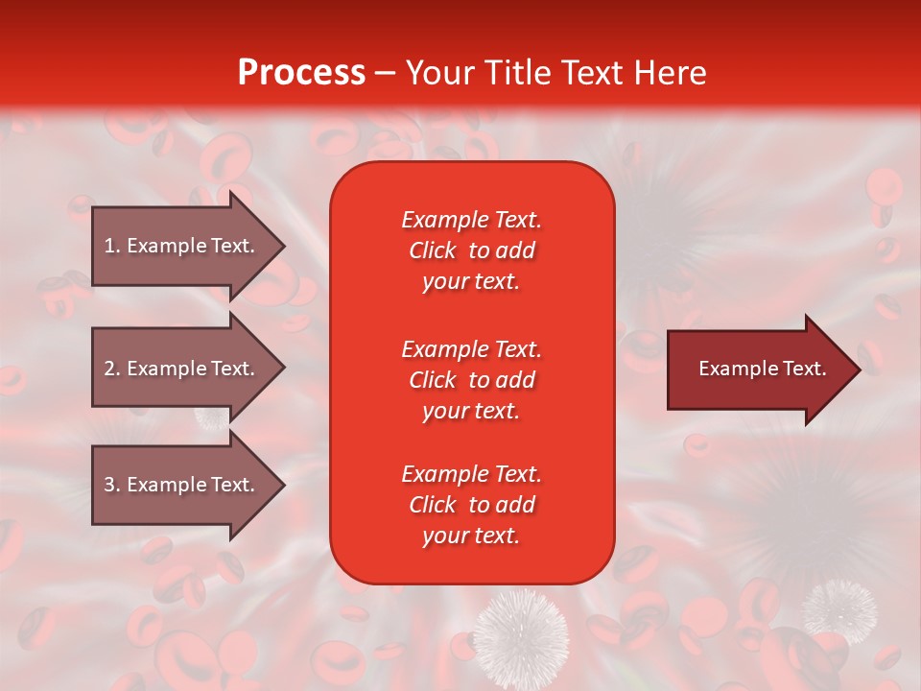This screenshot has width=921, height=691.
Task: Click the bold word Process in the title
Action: [x=301, y=73]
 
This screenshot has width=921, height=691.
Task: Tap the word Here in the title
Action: [x=671, y=73]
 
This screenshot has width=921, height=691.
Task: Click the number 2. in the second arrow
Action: [x=112, y=369]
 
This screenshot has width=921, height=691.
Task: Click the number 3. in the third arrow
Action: [x=112, y=485]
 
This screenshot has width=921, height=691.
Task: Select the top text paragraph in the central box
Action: [x=471, y=250]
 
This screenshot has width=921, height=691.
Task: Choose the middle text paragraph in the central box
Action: [x=471, y=380]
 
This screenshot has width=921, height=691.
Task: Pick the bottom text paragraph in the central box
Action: [x=471, y=505]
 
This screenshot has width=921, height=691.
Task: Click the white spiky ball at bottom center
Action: [x=522, y=633]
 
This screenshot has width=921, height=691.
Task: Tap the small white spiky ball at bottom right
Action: [x=838, y=608]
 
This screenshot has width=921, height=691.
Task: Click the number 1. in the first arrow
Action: [x=112, y=246]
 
